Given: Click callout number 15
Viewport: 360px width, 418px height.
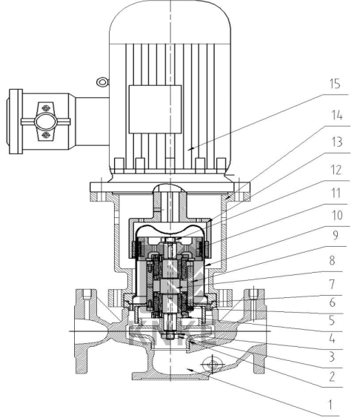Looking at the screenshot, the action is pyautogui.click(x=335, y=84).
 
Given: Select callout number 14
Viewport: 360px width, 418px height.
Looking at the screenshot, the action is pyautogui.click(x=337, y=115).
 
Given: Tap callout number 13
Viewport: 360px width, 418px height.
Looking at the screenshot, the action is pyautogui.click(x=337, y=142).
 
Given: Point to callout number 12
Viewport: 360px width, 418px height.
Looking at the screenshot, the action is pyautogui.click(x=336, y=170).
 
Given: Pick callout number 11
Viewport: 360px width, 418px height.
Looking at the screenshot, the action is pyautogui.click(x=336, y=193).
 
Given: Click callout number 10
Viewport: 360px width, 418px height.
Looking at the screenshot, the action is pyautogui.click(x=337, y=215).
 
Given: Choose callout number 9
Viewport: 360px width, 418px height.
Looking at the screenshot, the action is pyautogui.click(x=336, y=235).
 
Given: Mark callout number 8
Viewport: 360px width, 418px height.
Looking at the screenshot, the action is pyautogui.click(x=332, y=260).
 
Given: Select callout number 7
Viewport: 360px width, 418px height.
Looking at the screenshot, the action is pyautogui.click(x=332, y=284).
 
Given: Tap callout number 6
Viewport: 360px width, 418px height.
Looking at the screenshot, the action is pyautogui.click(x=332, y=302).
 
